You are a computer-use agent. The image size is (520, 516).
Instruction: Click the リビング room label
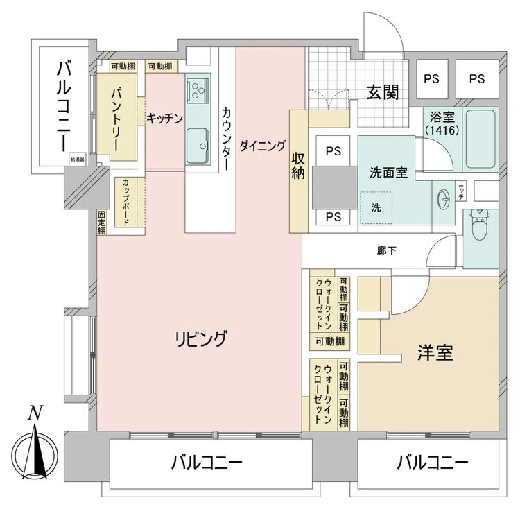click(201, 339)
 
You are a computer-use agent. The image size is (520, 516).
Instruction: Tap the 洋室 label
click(435, 352)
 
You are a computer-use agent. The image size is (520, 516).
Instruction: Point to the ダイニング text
click(263, 146)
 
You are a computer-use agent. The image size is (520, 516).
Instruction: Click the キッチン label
click(164, 119)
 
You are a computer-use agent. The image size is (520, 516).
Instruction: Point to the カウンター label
click(227, 138)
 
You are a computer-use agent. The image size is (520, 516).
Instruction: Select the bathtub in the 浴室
click(480, 139)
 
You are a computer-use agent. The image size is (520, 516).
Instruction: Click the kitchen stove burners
click(198, 89)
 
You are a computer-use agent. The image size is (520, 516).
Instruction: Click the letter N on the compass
click(33, 414)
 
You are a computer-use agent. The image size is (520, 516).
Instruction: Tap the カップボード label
click(130, 202)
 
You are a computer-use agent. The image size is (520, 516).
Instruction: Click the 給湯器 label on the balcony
click(76, 160)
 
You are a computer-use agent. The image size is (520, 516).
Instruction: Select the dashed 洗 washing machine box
click(376, 207)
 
